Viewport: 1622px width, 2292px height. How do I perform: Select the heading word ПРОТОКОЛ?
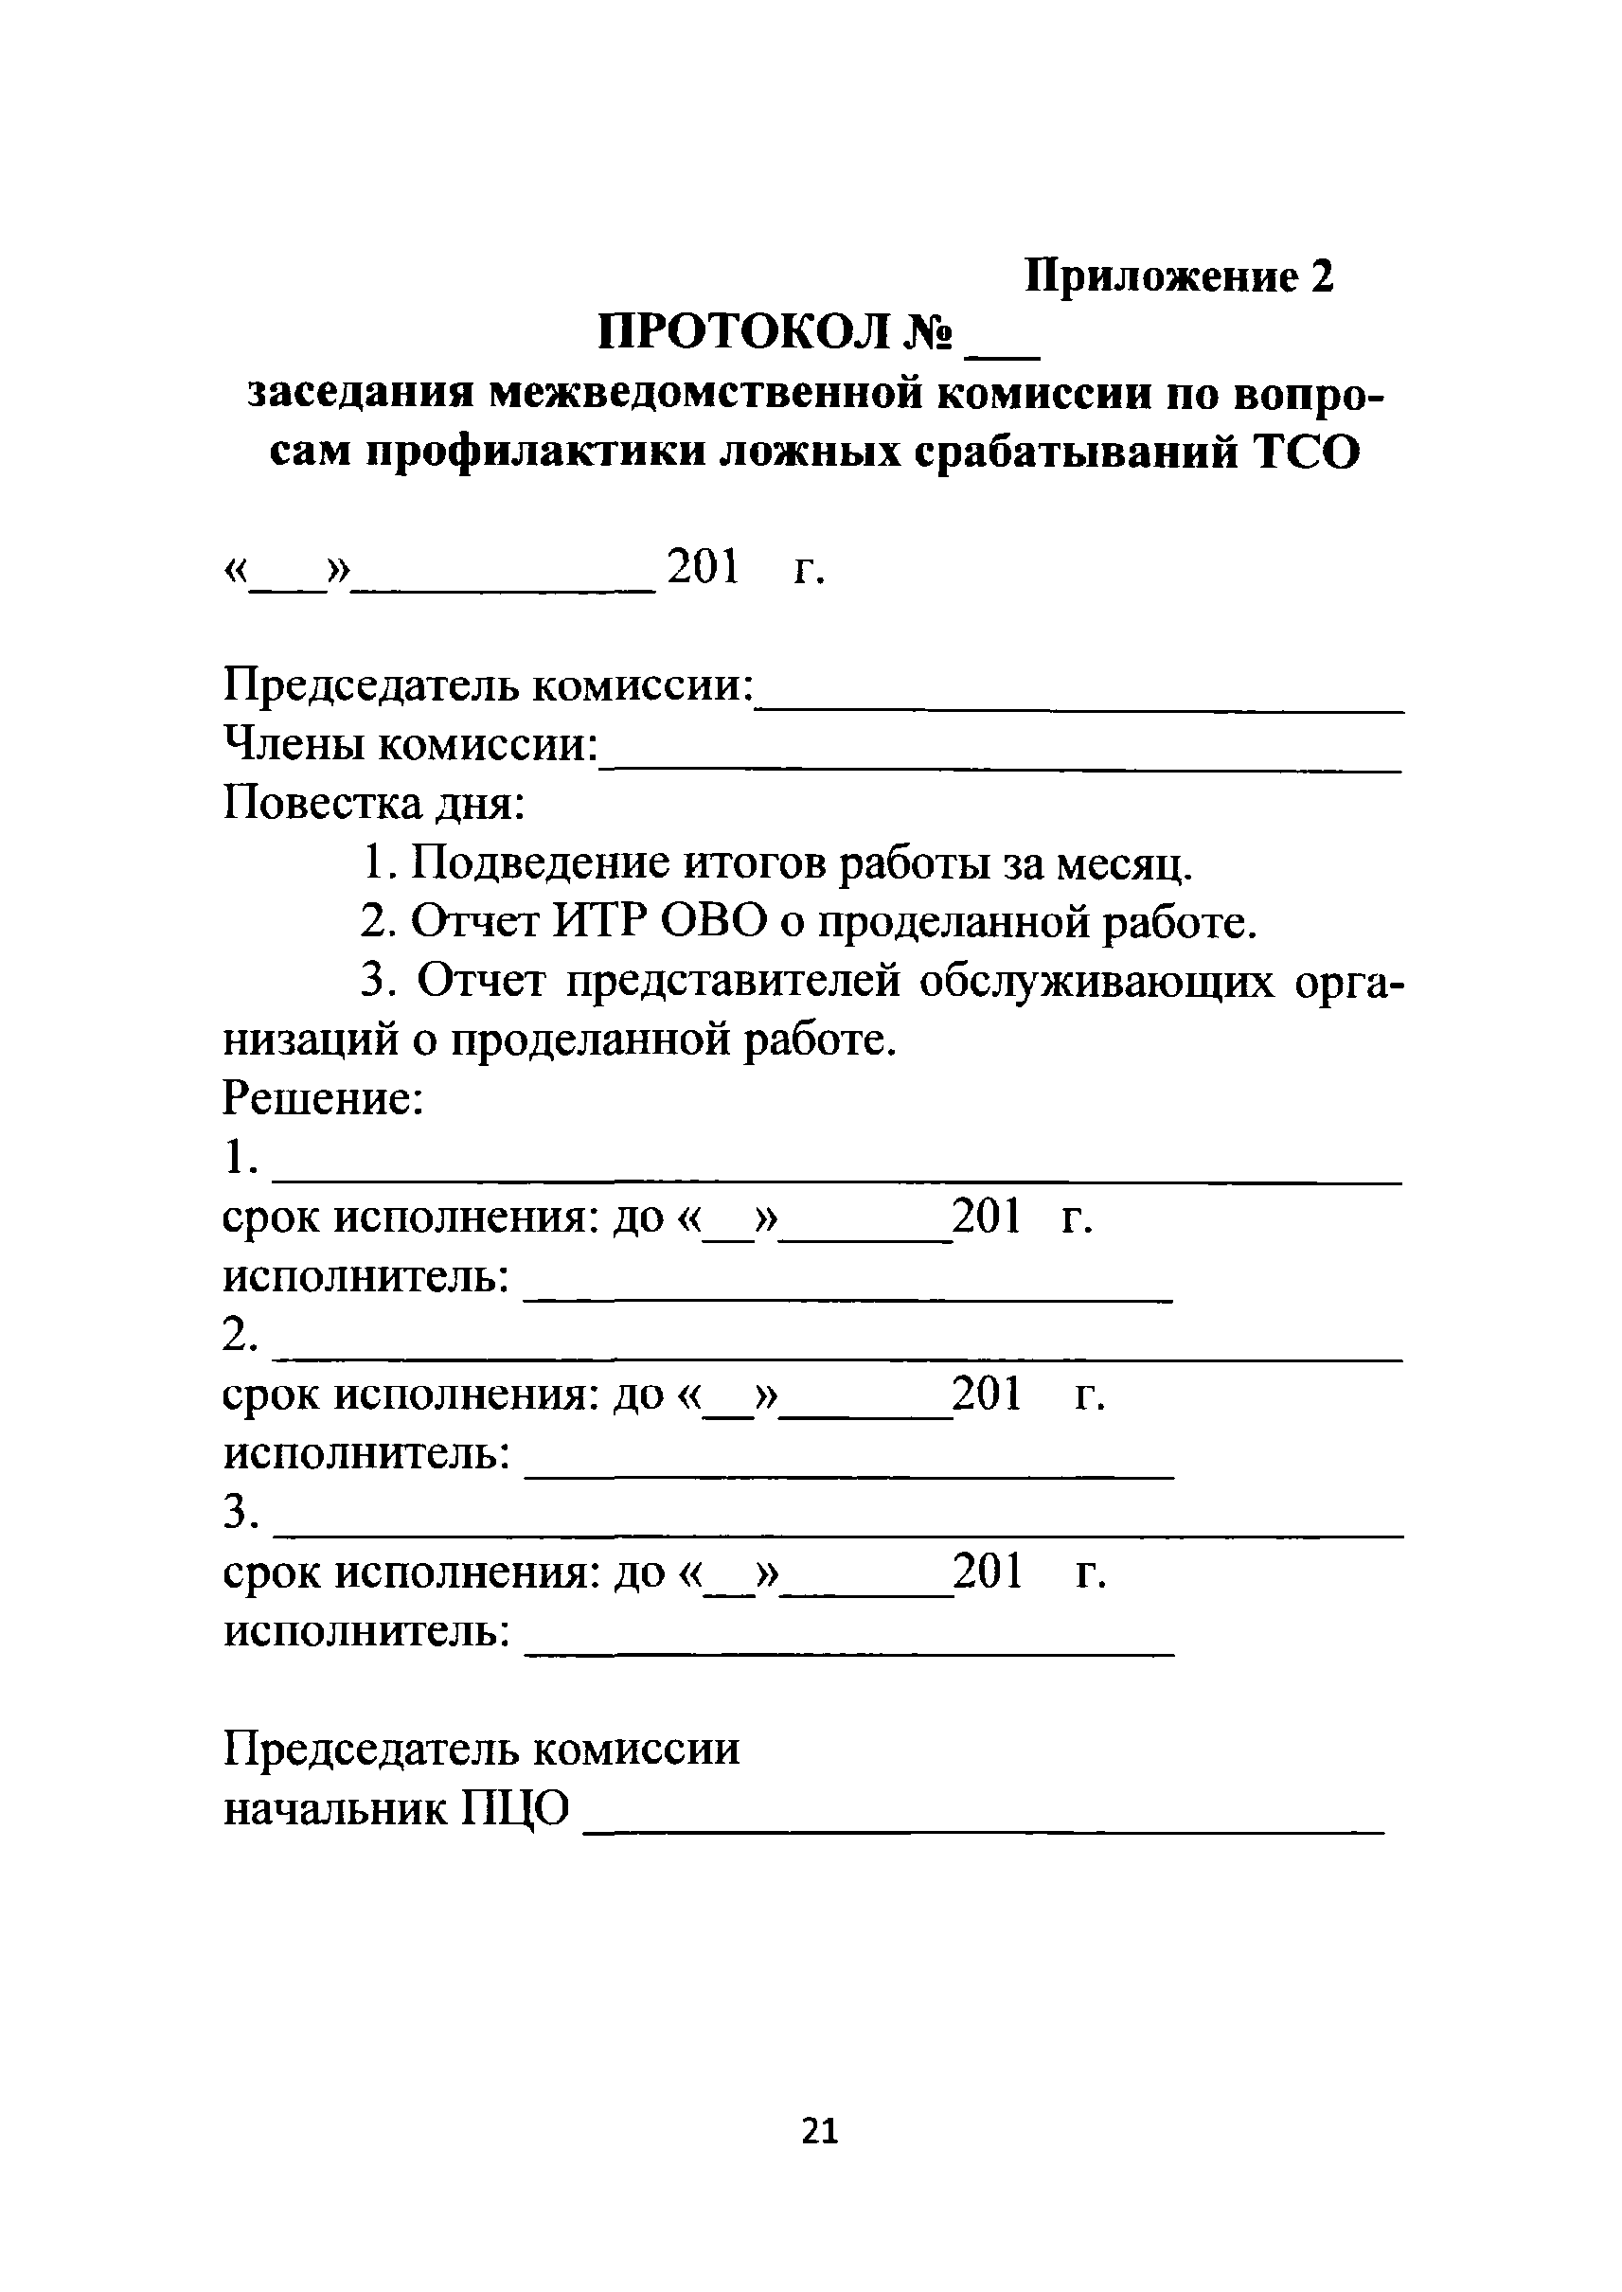[743, 332]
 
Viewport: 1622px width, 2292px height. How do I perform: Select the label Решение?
[324, 1099]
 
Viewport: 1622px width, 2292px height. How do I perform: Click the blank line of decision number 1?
[837, 1182]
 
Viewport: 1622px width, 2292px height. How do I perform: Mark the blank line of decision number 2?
[837, 1359]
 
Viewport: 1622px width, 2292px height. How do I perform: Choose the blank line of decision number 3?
[837, 1535]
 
